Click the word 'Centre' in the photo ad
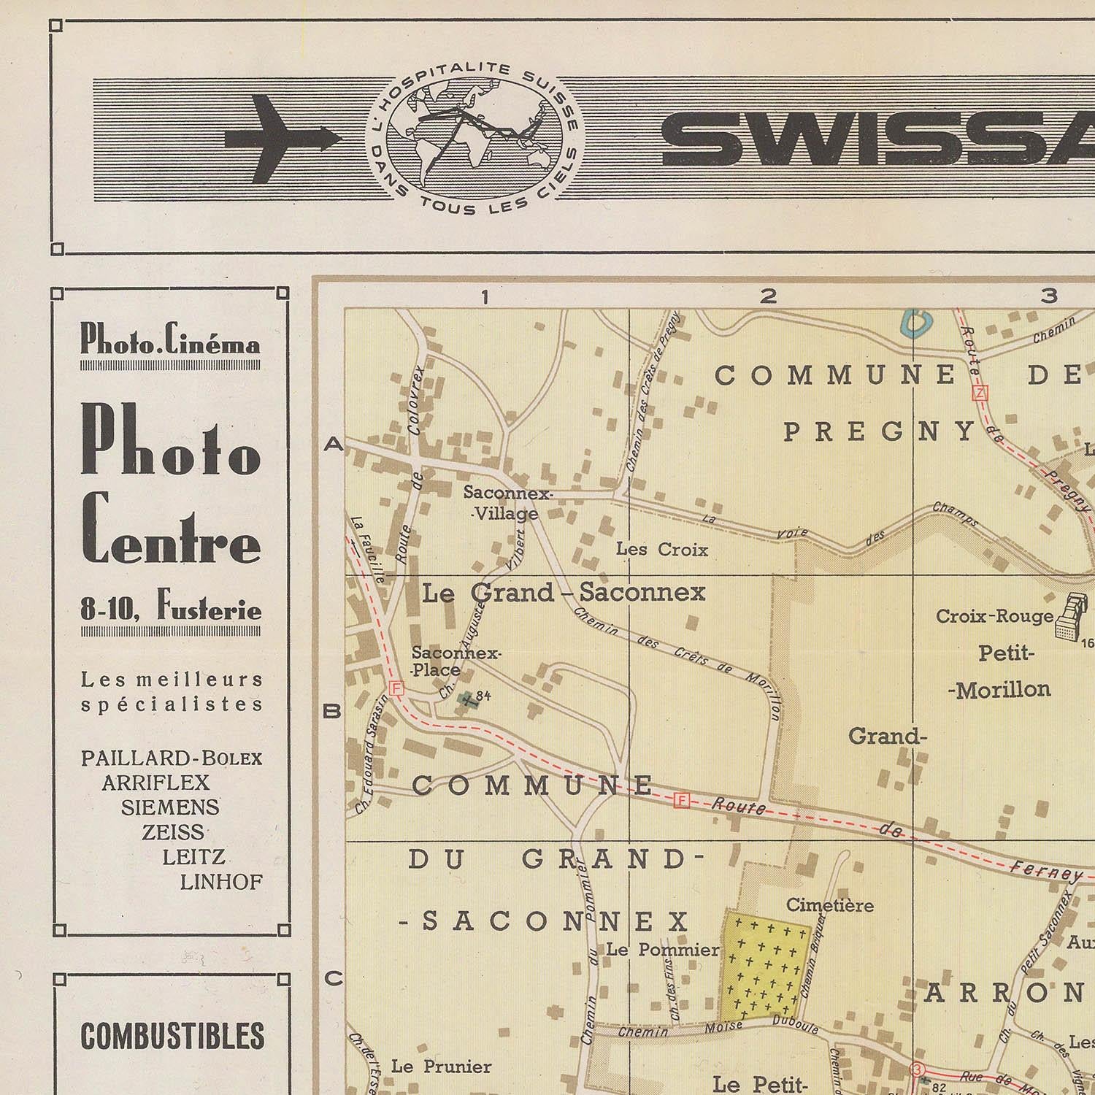171,528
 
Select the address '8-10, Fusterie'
171,608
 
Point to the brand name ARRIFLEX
155,783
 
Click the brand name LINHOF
221,882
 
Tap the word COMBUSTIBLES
172,1036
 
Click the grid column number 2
767,296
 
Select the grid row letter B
332,710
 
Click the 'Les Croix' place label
662,549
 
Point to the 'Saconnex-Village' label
507,504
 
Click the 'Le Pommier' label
663,950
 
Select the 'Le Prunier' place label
441,1067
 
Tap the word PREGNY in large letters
880,431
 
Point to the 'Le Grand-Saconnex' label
564,592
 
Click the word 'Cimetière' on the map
829,905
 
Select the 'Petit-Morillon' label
1004,671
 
